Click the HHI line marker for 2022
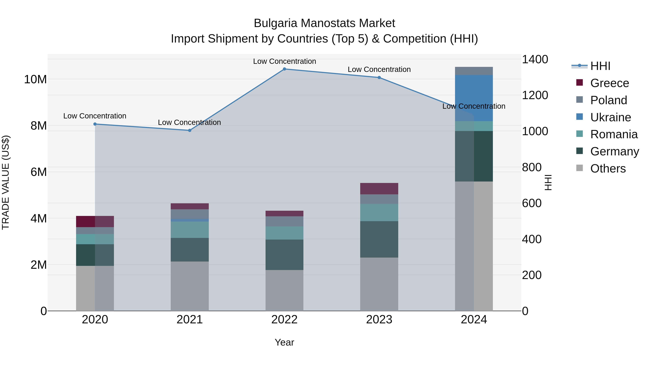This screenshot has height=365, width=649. point(284,69)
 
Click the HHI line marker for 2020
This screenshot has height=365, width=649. point(95,124)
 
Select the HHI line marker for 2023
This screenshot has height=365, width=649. point(379,78)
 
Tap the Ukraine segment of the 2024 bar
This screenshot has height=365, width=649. point(474,98)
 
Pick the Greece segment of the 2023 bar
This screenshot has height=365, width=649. point(379,188)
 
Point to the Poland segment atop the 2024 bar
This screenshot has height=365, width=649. point(474,71)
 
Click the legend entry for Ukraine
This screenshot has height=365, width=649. point(610,117)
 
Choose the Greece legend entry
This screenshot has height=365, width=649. point(609,83)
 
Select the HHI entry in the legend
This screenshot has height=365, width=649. point(600,66)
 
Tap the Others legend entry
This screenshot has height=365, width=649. point(608,169)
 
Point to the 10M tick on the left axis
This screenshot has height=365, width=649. point(35,79)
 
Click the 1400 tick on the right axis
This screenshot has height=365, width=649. point(535,59)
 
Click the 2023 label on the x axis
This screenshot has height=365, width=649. point(379,320)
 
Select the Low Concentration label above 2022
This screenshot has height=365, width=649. point(284,61)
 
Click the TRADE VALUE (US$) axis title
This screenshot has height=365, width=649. point(6,182)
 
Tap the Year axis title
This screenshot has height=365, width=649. point(284,342)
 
